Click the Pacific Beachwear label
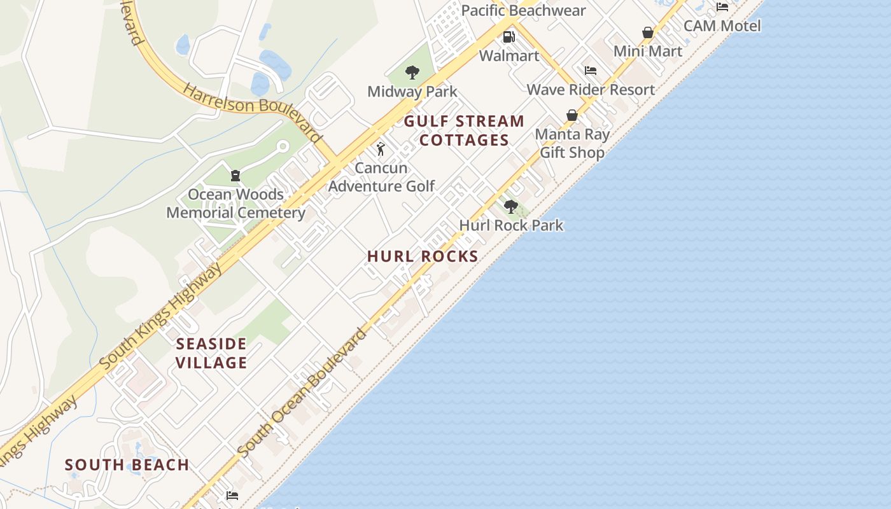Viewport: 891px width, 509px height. coord(523,11)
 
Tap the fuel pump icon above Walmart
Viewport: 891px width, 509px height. coord(509,37)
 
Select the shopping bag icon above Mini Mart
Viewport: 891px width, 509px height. coord(648,32)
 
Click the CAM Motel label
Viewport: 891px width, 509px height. coord(722,26)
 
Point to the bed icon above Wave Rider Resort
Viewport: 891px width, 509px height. coord(591,71)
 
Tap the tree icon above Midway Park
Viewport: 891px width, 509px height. coord(412,72)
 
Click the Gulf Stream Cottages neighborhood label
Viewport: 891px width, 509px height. coord(464,130)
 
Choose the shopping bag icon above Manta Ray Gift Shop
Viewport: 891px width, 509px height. coord(572,115)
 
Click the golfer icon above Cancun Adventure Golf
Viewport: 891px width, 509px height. coord(381,150)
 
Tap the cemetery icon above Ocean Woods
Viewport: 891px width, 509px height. coord(235,176)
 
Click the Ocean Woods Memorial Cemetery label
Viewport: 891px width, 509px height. coord(235,204)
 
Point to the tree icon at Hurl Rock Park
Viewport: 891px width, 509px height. coord(510,206)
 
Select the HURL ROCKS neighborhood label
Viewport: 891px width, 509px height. coord(423,256)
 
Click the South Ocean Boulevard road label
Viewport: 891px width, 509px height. coord(303,393)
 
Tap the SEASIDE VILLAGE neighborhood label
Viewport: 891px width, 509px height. coord(211,353)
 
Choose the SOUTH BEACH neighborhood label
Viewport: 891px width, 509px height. coord(127,465)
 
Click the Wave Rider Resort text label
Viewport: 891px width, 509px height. coord(591,90)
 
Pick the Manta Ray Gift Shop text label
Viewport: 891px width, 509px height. coord(572,143)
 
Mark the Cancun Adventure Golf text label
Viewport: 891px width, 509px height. coord(381,177)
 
